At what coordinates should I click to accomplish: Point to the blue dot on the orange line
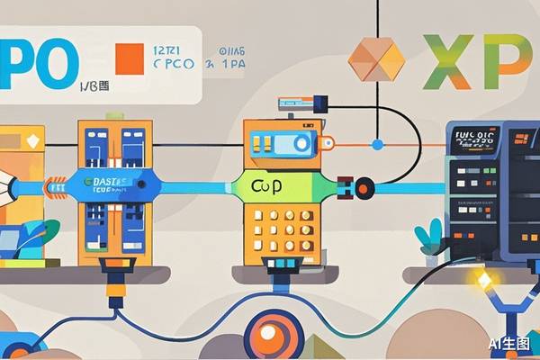(377, 144)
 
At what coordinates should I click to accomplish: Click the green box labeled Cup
(264, 186)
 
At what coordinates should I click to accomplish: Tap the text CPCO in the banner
(174, 65)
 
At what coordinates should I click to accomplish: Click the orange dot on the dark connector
(363, 189)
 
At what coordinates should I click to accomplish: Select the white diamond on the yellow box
(34, 141)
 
